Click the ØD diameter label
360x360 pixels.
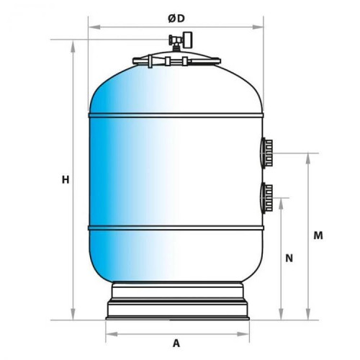176,19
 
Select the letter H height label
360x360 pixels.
66,179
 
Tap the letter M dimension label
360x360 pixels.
318,235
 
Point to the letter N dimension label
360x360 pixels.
289,258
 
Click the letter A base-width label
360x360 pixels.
176,343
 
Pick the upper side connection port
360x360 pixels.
267,153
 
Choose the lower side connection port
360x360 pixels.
267,197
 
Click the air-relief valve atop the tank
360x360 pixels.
181,41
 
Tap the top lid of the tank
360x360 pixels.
176,59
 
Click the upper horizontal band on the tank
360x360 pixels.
176,115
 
